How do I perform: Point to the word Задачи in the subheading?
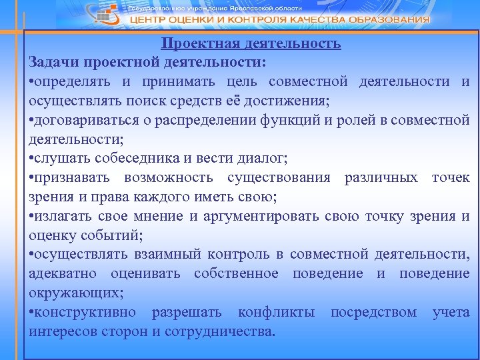[54, 62]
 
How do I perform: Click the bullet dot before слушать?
[31, 159]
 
